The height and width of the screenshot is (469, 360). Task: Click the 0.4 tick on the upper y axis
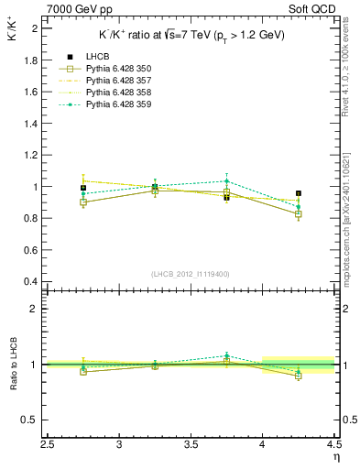(x=30, y=281)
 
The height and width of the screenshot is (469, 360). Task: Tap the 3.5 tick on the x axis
(x=191, y=445)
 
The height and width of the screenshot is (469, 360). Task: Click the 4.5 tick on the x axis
(x=333, y=445)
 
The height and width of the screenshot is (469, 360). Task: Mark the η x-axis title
(x=336, y=457)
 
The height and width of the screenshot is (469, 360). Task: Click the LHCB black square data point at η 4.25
(x=299, y=193)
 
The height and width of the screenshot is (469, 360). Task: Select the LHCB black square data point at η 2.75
(x=83, y=188)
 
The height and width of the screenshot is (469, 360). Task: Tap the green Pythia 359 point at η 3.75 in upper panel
(x=226, y=181)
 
